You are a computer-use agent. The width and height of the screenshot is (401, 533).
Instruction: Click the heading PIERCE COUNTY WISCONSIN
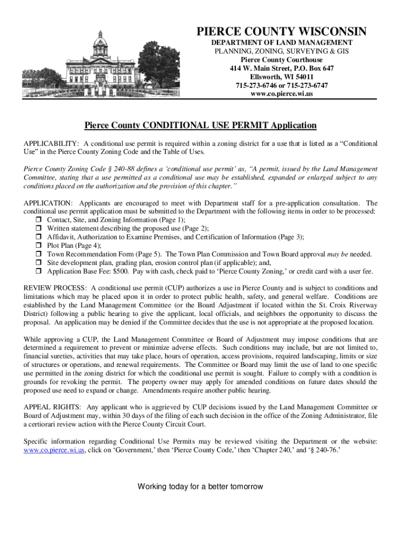click(282, 32)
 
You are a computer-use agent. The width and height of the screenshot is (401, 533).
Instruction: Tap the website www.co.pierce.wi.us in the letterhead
click(282, 94)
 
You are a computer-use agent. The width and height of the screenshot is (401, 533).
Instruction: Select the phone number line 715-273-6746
click(282, 85)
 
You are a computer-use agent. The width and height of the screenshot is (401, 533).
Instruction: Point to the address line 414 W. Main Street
click(282, 68)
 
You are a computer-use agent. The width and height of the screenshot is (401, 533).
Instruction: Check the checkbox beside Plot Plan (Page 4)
click(39, 246)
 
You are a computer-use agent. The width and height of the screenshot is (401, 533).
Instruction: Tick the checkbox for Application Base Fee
click(39, 271)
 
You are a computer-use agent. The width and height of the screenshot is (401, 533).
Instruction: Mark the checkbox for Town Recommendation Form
click(39, 255)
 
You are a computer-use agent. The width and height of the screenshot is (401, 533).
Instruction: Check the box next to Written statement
click(39, 229)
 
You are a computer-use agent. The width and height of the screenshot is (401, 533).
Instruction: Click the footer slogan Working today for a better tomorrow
click(200, 487)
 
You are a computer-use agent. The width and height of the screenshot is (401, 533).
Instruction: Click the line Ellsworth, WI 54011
click(282, 77)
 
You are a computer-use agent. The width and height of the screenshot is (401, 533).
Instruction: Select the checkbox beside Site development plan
click(39, 263)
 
